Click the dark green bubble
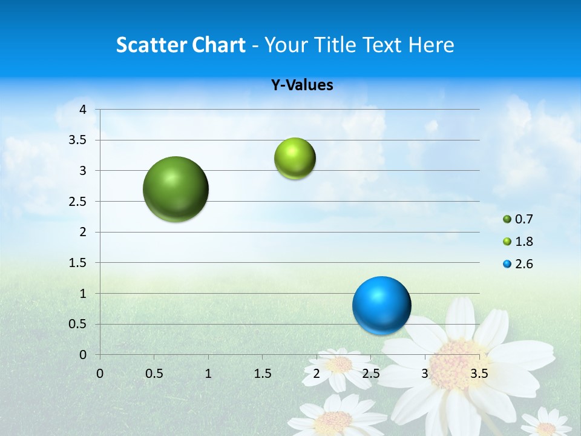[176, 189]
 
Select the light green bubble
[295, 159]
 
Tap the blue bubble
[381, 305]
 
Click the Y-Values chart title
[301, 85]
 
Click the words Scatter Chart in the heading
[180, 45]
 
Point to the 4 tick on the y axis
[83, 110]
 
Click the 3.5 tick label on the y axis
[79, 140]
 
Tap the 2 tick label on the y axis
[83, 232]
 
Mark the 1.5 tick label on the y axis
[79, 263]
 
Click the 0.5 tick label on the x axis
[154, 374]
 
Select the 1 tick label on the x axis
[208, 374]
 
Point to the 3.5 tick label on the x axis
[479, 374]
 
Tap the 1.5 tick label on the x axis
[262, 374]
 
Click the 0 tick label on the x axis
[100, 374]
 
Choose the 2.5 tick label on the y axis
[79, 202]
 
